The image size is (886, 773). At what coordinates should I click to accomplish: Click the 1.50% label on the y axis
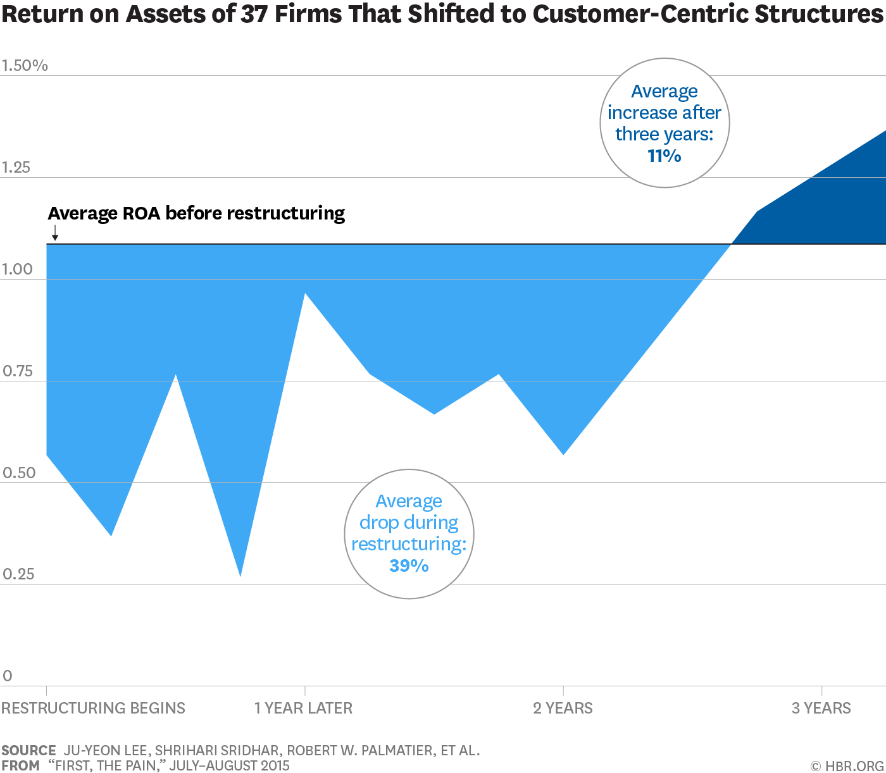25,65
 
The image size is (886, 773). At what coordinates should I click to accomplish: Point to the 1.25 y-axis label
16,168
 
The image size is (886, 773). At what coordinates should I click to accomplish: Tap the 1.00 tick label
17,269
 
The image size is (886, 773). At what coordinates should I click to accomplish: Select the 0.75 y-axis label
17,371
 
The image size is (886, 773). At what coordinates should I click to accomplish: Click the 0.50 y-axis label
19,473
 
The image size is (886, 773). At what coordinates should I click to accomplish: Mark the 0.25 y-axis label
18,574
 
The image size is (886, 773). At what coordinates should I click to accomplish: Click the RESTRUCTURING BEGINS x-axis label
93,708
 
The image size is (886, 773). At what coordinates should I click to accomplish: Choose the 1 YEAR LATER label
303,708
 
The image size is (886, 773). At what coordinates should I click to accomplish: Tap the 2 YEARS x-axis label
563,708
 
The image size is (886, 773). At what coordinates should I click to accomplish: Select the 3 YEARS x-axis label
821,708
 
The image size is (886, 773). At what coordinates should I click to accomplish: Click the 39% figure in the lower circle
409,566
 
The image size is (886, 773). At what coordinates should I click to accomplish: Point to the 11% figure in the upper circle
664,156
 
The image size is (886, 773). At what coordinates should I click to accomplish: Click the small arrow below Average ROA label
55,232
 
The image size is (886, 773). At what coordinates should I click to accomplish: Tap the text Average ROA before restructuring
196,213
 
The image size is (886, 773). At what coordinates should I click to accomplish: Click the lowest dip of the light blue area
240,576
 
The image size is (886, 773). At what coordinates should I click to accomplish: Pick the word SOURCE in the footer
28,750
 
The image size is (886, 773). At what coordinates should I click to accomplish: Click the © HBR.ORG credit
847,765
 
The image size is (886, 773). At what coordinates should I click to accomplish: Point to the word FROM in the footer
20,765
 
